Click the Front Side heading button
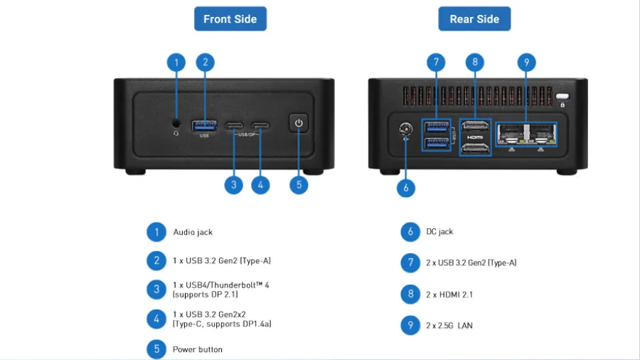pyautogui.click(x=230, y=19)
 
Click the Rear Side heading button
pyautogui.click(x=474, y=19)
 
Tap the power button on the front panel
pyautogui.click(x=299, y=124)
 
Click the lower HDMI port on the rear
pyautogui.click(x=475, y=148)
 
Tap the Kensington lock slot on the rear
pyautogui.click(x=563, y=97)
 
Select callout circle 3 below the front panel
pyautogui.click(x=234, y=185)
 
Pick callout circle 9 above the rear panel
pyautogui.click(x=526, y=62)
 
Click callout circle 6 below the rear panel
pyautogui.click(x=405, y=188)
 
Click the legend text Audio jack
pyautogui.click(x=193, y=232)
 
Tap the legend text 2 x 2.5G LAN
pyautogui.click(x=449, y=326)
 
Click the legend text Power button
pyautogui.click(x=198, y=349)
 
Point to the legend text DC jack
pyautogui.click(x=439, y=232)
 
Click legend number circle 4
pyautogui.click(x=156, y=319)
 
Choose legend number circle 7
pyautogui.click(x=410, y=263)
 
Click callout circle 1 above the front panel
pyautogui.click(x=176, y=62)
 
